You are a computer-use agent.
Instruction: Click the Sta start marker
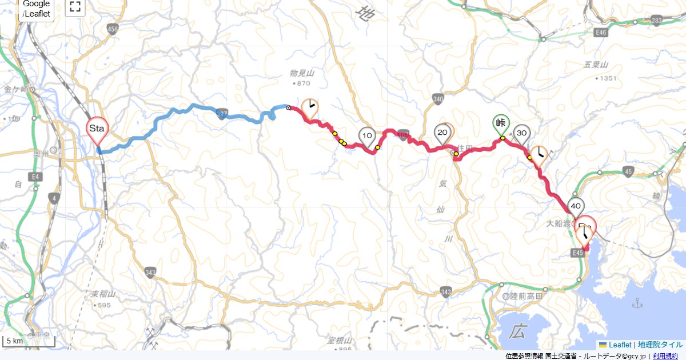97,128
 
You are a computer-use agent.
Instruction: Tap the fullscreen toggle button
75,7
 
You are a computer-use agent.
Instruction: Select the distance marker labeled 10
368,136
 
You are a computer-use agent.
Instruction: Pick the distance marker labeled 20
442,133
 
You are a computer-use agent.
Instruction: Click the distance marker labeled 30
521,133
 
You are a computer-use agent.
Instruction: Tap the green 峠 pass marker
501,122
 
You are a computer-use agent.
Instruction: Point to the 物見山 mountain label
302,74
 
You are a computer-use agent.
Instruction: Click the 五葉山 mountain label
597,66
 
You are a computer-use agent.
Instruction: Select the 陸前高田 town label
527,297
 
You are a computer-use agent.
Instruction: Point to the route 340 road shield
438,98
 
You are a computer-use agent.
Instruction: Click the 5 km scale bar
29,342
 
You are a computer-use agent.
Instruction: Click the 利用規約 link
666,356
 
